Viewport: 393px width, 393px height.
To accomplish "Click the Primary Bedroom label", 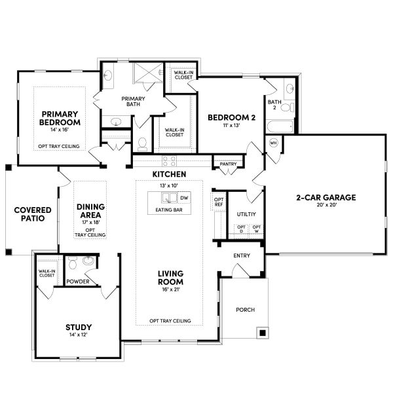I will pyautogui.click(x=60, y=117).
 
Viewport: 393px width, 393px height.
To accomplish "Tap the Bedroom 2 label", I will pyautogui.click(x=231, y=117).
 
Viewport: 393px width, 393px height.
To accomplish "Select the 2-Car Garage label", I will pyautogui.click(x=326, y=197).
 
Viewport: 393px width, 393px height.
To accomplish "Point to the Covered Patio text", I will pyautogui.click(x=29, y=214).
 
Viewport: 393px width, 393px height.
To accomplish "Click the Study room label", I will pyautogui.click(x=78, y=327).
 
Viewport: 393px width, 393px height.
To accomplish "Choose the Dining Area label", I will pyautogui.click(x=90, y=211).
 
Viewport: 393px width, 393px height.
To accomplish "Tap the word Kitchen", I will pyautogui.click(x=169, y=174).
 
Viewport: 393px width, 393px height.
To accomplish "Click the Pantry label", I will pyautogui.click(x=228, y=164).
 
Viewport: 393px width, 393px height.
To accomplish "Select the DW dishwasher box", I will pyautogui.click(x=184, y=197).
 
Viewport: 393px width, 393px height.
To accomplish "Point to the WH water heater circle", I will pyautogui.click(x=274, y=142).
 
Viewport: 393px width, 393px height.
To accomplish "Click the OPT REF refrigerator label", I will pyautogui.click(x=219, y=202).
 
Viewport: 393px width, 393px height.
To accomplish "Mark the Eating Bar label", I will pyautogui.click(x=169, y=210).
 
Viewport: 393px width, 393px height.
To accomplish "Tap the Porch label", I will pyautogui.click(x=245, y=310).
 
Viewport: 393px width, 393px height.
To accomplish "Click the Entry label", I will pyautogui.click(x=242, y=255).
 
